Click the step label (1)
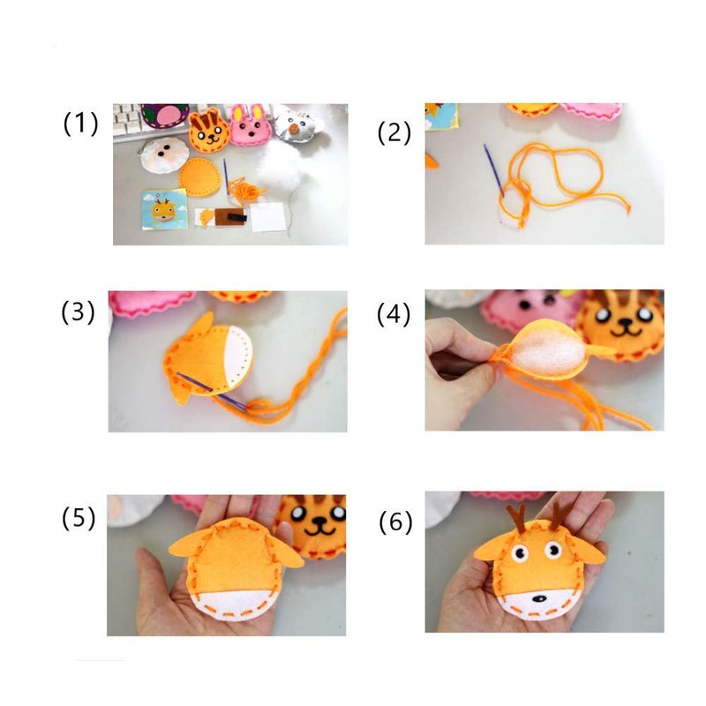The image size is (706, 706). (80, 124)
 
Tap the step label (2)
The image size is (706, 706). (394, 133)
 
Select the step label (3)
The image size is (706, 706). (78, 312)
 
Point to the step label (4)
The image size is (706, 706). (394, 314)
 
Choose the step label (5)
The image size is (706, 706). (79, 518)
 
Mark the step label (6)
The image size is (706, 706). (395, 522)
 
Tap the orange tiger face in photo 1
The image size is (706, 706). (209, 130)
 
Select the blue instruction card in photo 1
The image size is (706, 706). (164, 209)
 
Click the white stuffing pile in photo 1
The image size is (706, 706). (282, 169)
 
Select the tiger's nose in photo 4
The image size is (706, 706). (626, 322)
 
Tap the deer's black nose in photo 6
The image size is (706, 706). (539, 599)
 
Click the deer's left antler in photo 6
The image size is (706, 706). (518, 519)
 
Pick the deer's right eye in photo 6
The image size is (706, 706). (553, 550)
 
